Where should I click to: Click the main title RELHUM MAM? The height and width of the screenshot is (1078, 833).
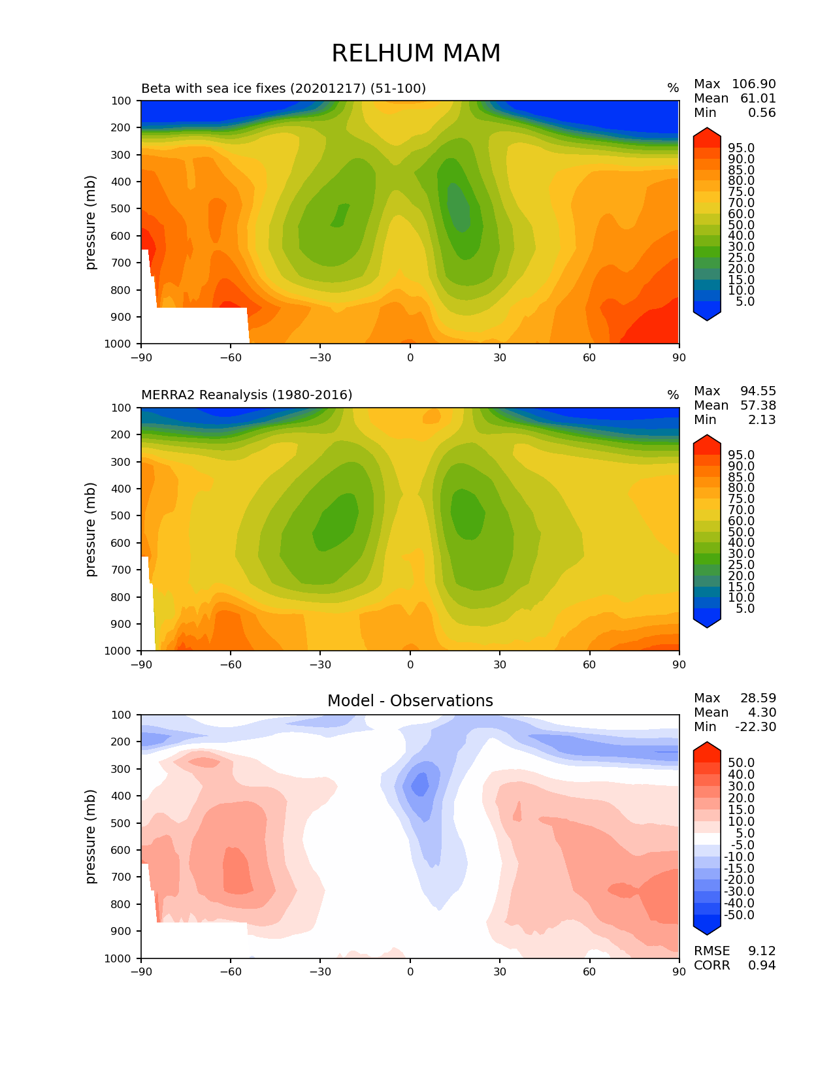(416, 54)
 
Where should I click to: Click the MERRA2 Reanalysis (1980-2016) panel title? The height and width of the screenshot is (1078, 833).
(246, 395)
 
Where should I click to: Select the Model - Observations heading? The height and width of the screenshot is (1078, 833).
(410, 701)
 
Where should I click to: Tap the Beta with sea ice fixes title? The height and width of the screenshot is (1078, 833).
(283, 88)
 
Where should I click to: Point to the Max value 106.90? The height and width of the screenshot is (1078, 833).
(753, 84)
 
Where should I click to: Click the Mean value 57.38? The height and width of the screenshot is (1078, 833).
(758, 406)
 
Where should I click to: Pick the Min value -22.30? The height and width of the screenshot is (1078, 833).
(755, 727)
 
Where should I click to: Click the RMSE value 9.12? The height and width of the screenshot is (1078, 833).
(762, 951)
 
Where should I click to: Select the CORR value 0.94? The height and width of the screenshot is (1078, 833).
(762, 966)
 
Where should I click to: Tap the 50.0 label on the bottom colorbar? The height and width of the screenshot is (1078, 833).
(742, 763)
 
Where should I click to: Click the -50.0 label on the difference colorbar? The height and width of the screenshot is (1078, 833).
(740, 915)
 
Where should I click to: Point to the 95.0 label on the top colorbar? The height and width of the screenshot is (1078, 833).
(742, 148)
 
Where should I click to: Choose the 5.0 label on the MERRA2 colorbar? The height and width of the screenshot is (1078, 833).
(745, 609)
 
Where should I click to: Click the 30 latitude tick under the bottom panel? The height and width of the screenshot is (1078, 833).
(500, 972)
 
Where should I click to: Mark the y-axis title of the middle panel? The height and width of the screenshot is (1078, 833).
(91, 529)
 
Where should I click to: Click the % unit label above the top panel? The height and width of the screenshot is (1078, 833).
(673, 88)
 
